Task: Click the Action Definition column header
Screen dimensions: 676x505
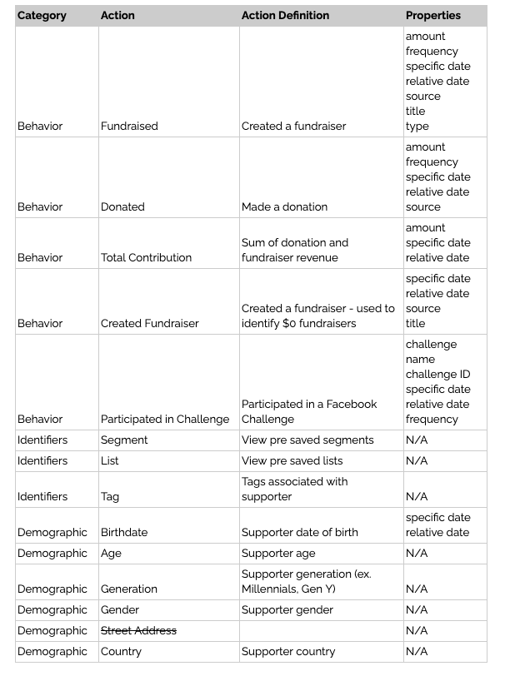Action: click(285, 15)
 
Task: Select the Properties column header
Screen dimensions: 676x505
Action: click(432, 15)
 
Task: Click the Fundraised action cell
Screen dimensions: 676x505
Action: click(129, 126)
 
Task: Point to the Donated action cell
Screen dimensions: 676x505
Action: click(122, 206)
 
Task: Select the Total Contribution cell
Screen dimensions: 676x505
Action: click(146, 257)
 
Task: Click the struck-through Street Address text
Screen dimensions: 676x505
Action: click(138, 630)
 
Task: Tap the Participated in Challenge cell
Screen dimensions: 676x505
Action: click(164, 419)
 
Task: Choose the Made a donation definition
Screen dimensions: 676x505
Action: click(284, 206)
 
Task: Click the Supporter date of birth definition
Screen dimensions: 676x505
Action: click(299, 532)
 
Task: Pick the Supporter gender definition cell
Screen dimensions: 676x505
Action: click(287, 609)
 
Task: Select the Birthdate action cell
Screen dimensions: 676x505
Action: click(124, 532)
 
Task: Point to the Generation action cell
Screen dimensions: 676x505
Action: click(128, 589)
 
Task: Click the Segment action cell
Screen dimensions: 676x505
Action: click(124, 440)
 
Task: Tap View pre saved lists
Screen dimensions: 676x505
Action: click(292, 460)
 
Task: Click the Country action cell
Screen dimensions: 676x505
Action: click(121, 651)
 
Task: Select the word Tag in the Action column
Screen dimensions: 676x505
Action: click(110, 496)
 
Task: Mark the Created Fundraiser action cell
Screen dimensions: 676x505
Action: click(149, 323)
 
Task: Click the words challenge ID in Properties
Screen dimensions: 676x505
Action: click(437, 374)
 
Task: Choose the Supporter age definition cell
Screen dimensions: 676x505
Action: click(277, 553)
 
